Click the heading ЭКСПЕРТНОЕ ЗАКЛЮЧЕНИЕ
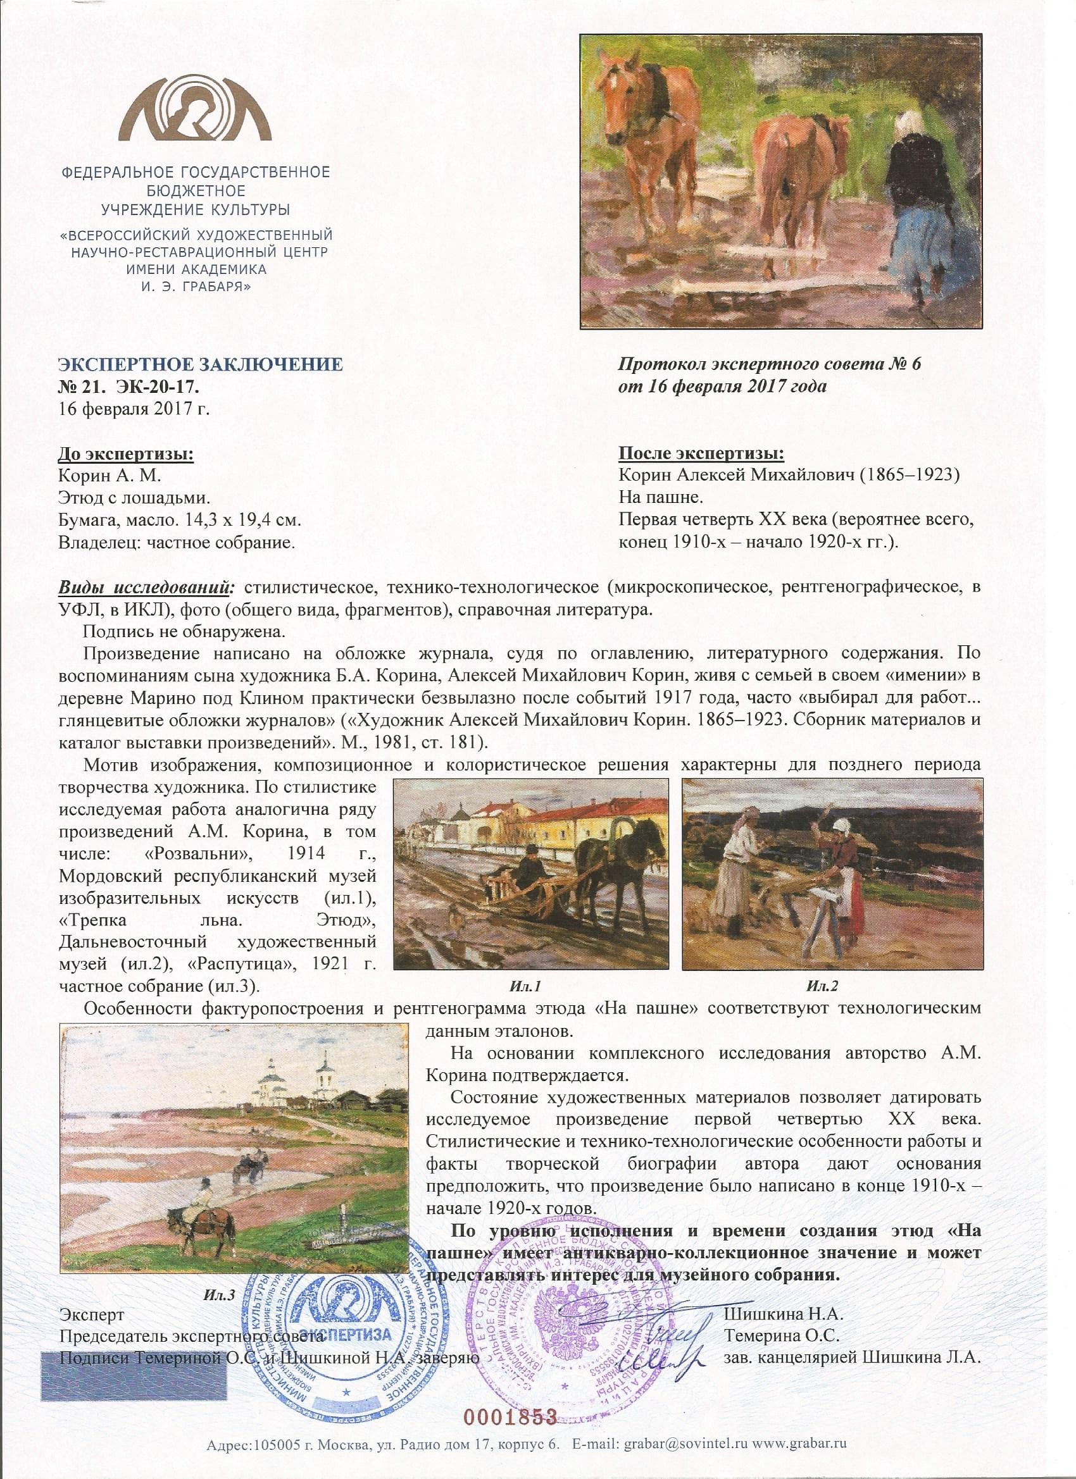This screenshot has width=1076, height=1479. (x=199, y=364)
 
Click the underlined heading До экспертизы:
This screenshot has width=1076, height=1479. (x=126, y=455)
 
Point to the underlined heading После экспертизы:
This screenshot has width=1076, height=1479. (x=701, y=455)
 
